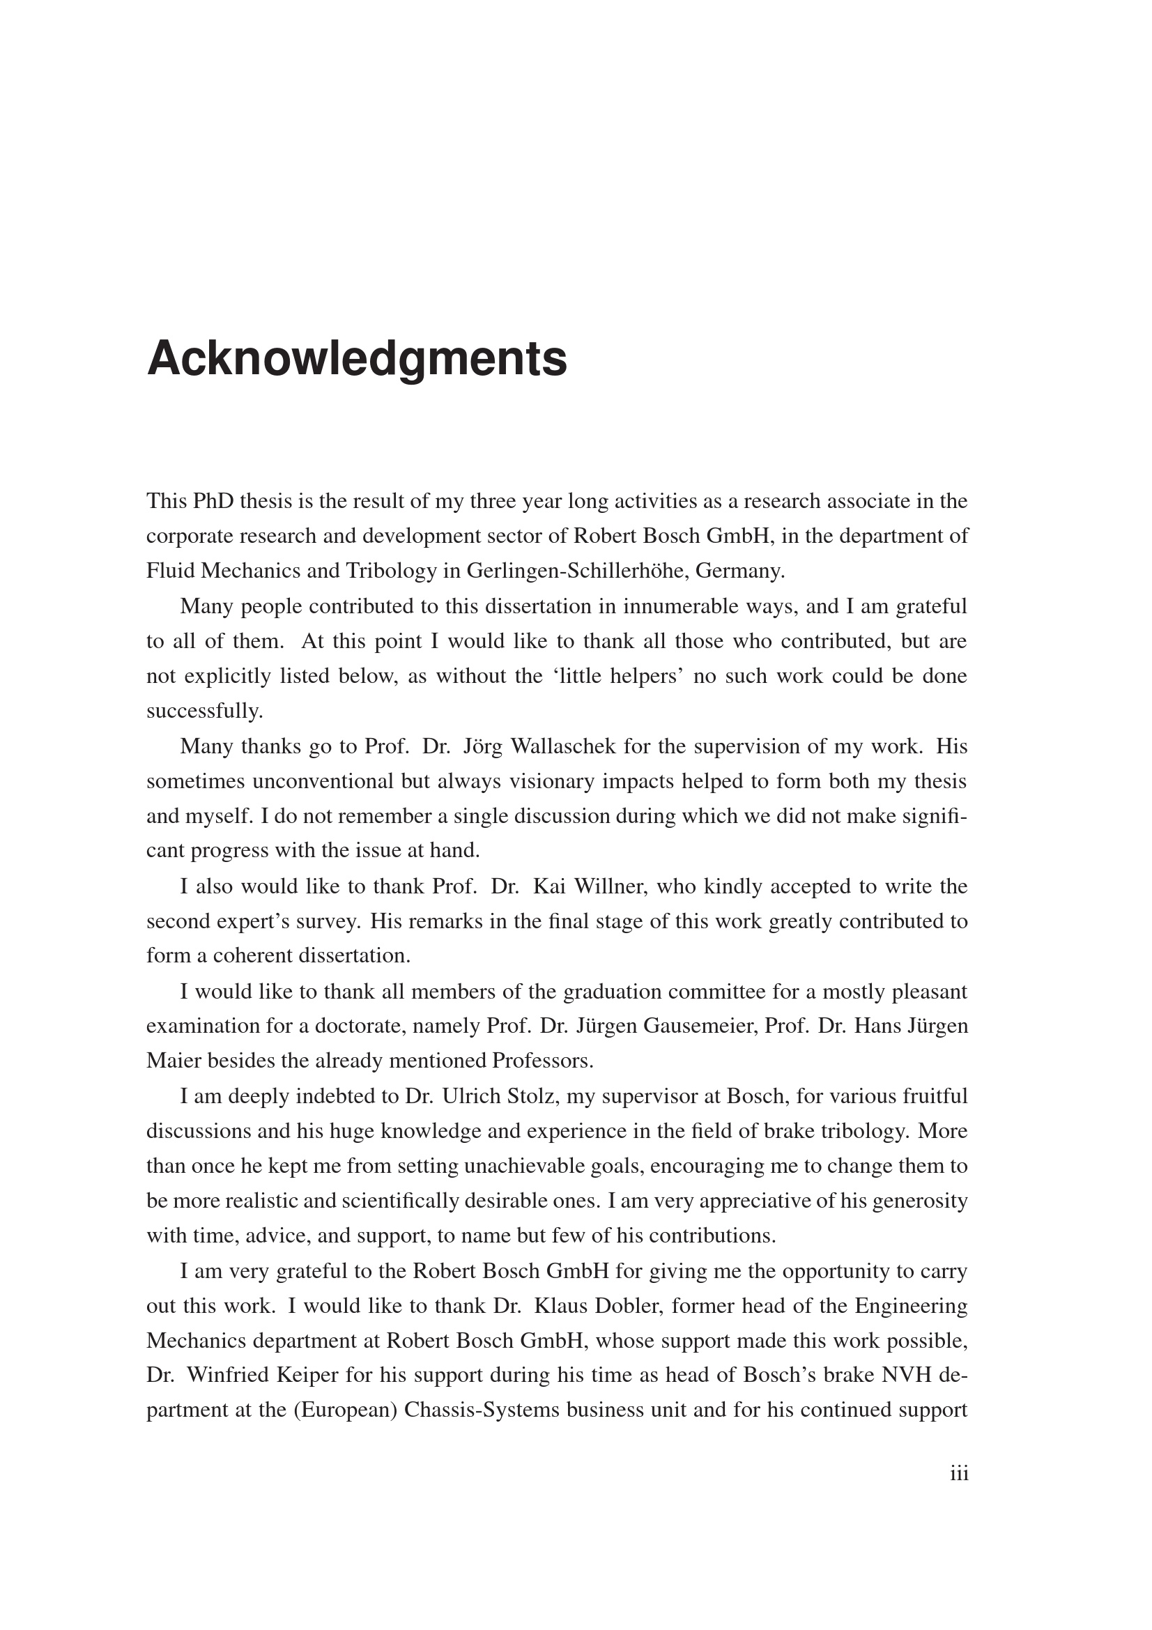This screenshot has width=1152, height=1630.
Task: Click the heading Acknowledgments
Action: point(356,359)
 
